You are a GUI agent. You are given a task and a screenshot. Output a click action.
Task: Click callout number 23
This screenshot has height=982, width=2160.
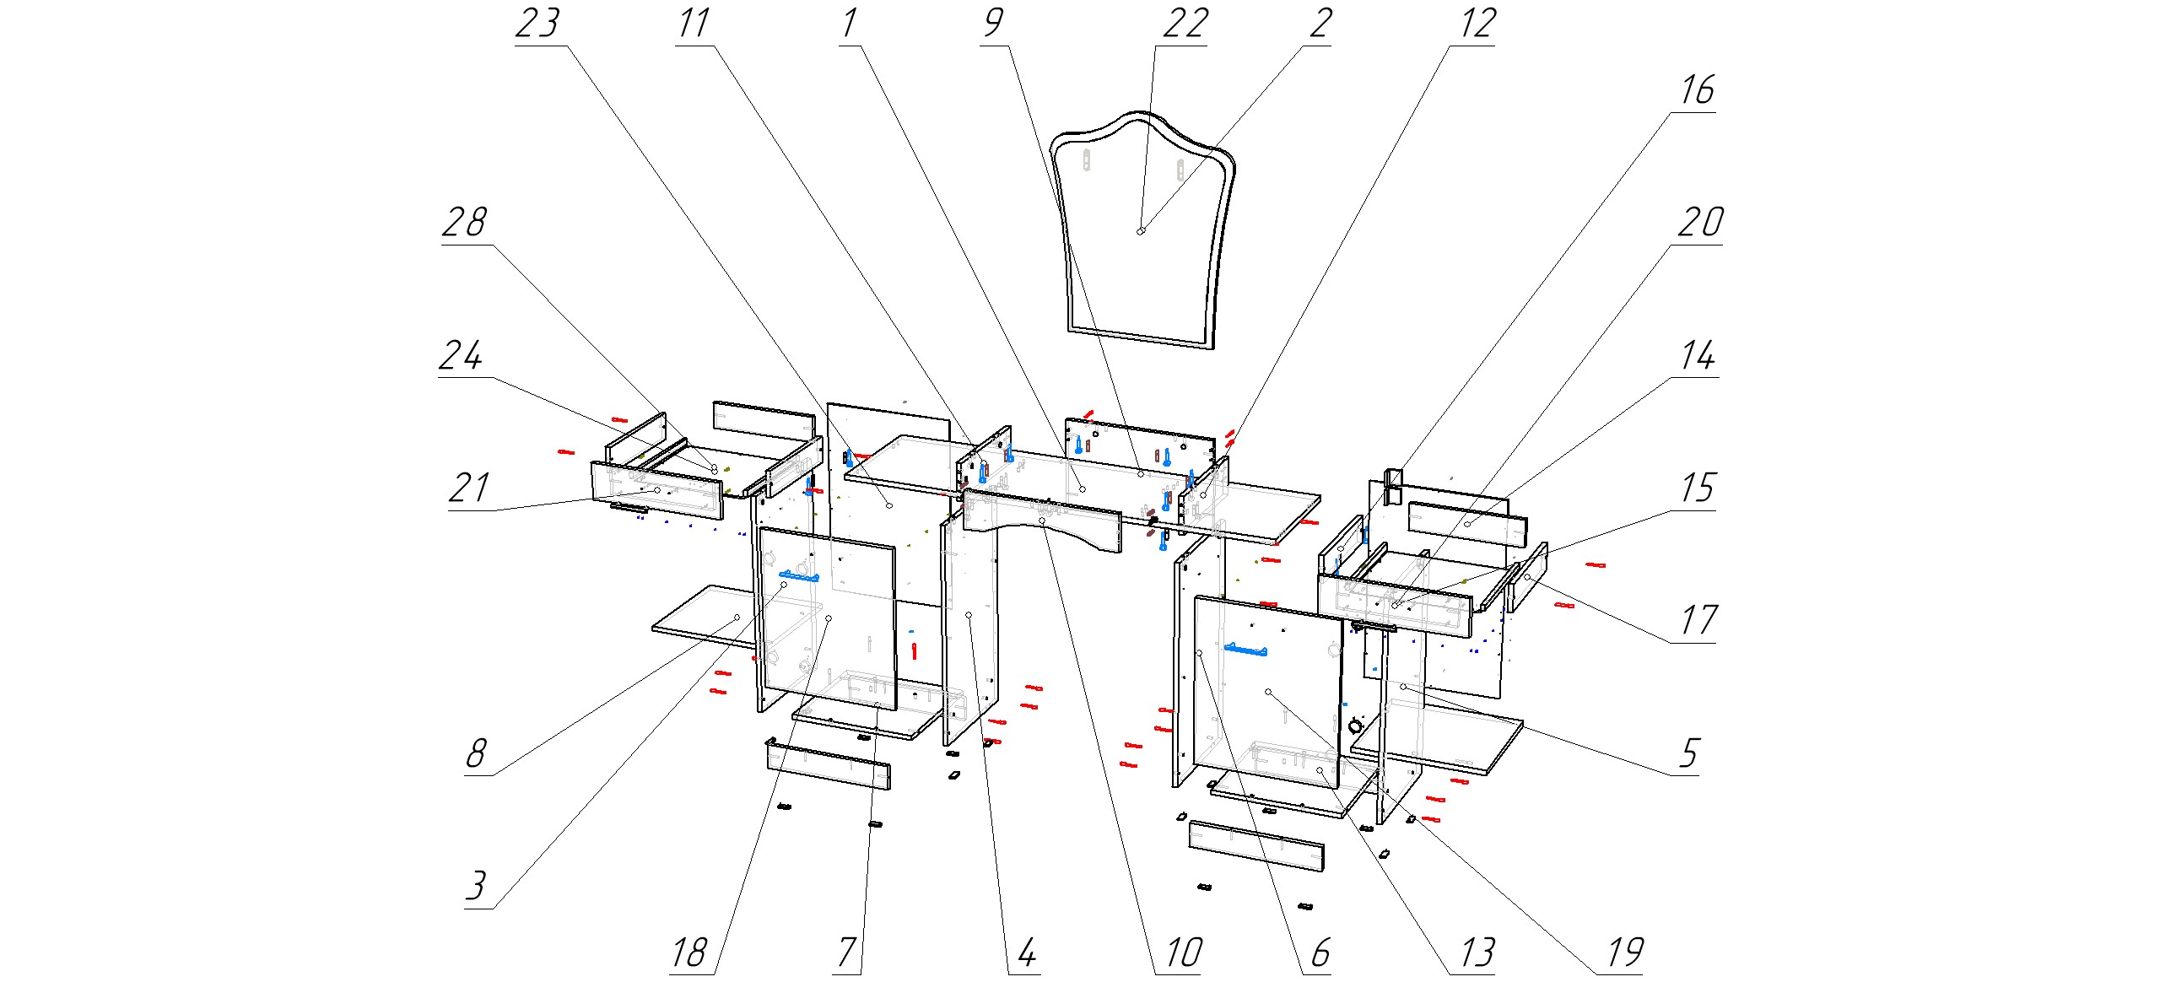537,24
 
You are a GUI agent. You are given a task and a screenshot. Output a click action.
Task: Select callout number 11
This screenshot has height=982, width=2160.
694,24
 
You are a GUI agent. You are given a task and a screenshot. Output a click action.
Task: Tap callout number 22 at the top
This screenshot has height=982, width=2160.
1185,24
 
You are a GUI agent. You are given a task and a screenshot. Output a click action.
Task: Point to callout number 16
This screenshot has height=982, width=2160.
1697,90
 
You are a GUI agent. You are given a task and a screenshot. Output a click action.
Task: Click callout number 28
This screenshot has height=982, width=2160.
464,223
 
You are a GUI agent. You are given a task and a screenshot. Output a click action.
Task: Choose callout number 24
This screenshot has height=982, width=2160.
461,355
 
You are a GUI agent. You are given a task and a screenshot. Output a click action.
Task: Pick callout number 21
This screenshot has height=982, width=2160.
468,488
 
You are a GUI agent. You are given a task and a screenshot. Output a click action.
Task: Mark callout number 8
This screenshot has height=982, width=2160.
477,753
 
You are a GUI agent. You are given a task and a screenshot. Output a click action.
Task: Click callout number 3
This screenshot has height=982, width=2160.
477,886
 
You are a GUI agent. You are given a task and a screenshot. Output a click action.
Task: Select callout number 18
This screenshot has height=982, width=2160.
688,953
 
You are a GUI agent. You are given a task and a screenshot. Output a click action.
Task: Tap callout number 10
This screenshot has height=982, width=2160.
1184,953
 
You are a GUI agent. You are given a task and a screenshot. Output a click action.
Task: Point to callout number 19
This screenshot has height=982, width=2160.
1624,953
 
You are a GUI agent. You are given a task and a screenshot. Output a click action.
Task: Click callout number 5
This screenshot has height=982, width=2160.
1687,753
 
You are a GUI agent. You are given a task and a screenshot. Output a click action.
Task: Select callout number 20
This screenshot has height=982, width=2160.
1699,223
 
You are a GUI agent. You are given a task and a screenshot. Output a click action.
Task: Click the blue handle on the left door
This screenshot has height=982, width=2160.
799,576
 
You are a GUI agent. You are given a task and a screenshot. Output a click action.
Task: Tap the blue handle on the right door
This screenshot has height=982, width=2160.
1245,649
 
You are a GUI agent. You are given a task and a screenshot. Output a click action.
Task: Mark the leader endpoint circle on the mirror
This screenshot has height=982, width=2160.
1141,231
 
